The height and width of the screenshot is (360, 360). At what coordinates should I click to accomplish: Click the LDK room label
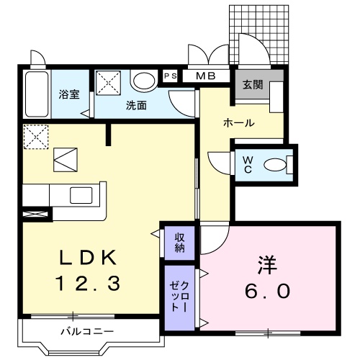coord(82,257)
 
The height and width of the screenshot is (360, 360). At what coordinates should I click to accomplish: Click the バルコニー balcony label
coord(86,331)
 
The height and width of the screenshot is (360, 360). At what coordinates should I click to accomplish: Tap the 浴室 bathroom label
coord(69,94)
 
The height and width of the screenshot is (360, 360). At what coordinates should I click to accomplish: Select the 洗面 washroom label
coord(136,105)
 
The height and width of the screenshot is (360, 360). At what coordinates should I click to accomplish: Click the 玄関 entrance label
coord(252,84)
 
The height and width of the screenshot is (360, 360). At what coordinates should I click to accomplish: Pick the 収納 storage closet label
coord(179,243)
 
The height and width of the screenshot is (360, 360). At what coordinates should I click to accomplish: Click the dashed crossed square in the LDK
coord(35,135)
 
